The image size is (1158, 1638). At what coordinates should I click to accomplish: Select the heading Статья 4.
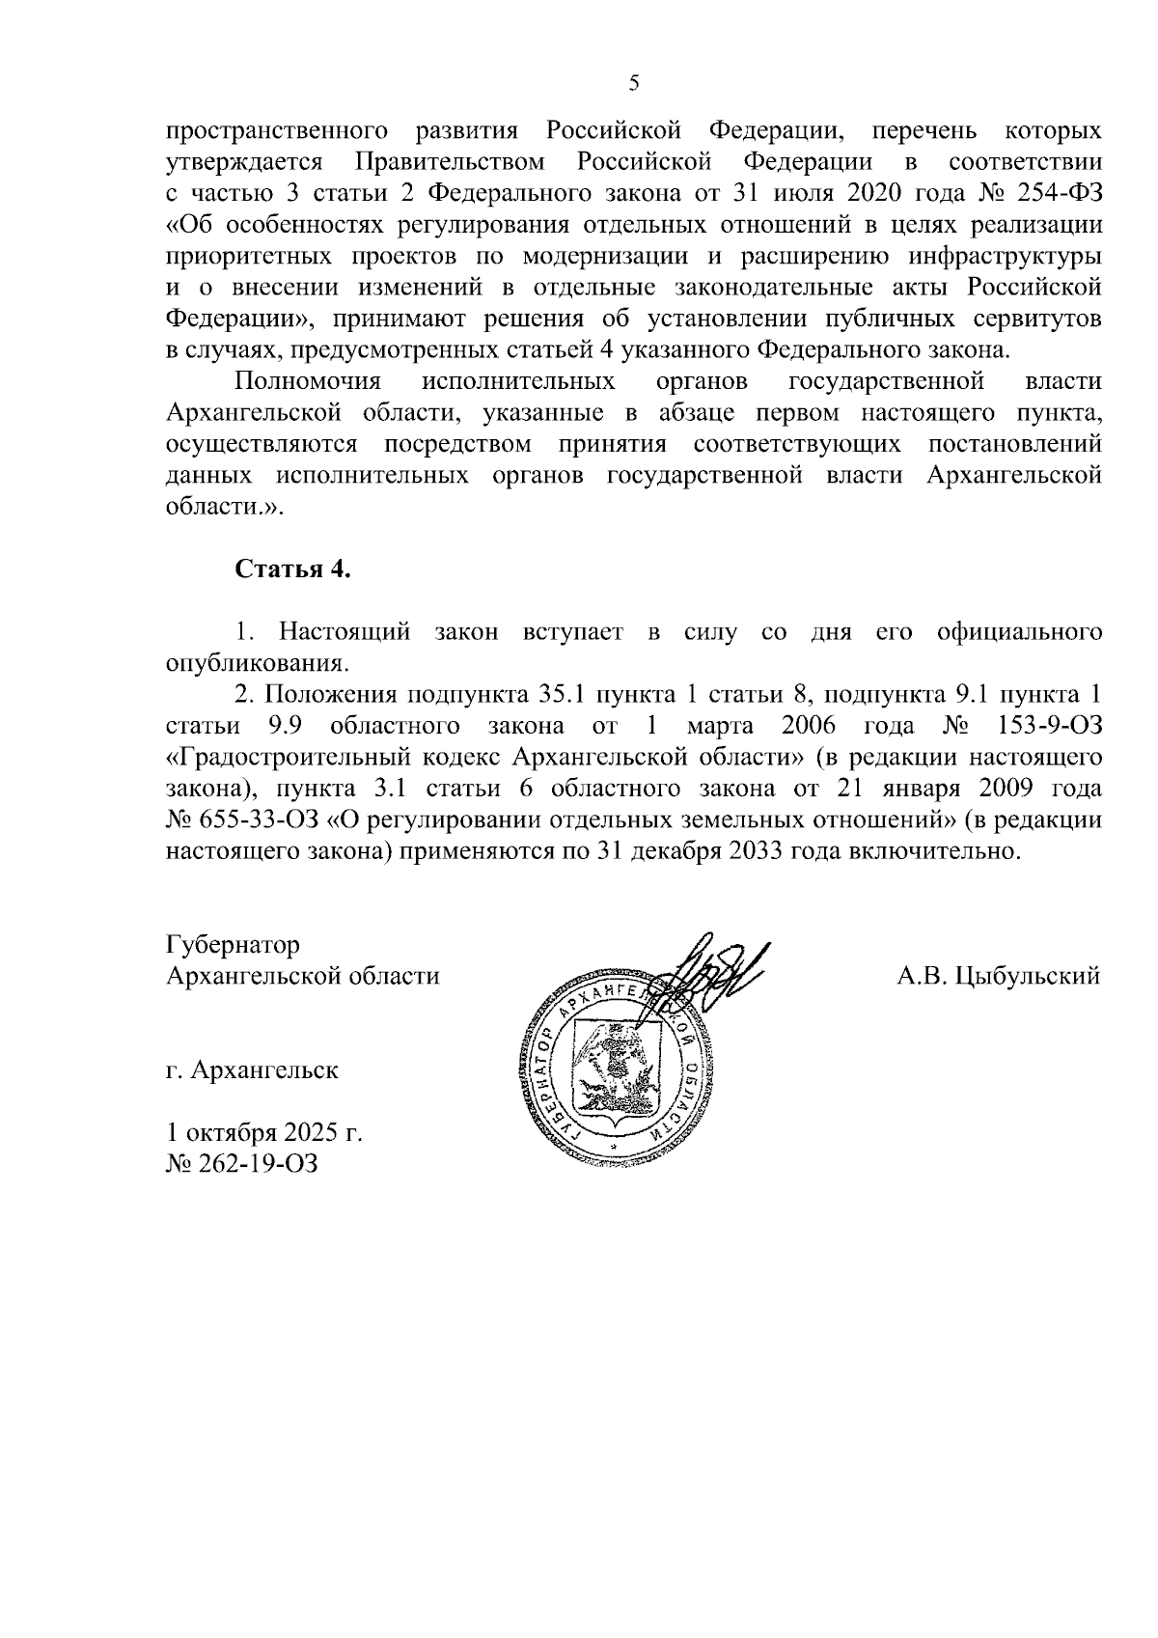coord(293,569)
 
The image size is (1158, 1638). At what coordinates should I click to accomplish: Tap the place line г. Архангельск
coord(252,1070)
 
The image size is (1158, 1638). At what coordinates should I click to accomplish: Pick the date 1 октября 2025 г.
coord(264,1132)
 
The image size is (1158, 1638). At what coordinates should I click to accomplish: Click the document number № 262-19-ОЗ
coord(241,1164)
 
